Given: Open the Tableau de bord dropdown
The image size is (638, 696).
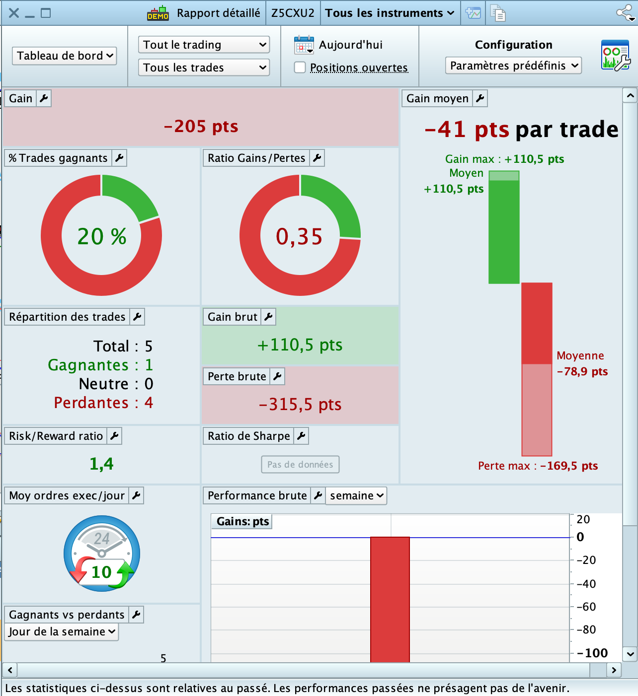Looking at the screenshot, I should coord(65,56).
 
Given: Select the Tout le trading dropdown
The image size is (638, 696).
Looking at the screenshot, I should coord(204,45).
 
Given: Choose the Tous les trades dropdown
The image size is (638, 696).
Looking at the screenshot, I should coord(204,68).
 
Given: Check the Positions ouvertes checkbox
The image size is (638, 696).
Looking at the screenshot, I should coord(300,67).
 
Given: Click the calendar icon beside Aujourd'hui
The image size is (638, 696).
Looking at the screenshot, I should coord(304,45).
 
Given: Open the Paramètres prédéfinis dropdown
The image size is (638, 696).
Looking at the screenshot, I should coord(513,66).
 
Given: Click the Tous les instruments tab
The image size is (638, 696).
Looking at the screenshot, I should coord(390,13).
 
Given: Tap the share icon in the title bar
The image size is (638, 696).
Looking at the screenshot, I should coord(625,13).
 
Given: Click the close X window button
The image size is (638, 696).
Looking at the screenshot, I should coord(14,13).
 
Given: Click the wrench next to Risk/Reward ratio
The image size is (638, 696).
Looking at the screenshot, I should coord(115,436).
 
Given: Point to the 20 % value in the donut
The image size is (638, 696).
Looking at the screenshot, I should coord(102,236).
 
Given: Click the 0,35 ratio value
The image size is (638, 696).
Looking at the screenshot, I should coord(299,236).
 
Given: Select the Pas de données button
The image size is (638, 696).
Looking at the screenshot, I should coord(300,465).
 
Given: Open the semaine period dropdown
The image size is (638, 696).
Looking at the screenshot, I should coord(356,495).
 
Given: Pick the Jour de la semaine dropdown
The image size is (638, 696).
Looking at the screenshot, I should coord(62,631).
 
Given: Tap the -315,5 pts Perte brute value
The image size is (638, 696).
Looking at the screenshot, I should coord(300,405).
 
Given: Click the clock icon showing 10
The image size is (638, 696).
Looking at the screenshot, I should coord(102,554).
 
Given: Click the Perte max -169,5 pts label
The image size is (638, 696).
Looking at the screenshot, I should coord(538,466).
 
